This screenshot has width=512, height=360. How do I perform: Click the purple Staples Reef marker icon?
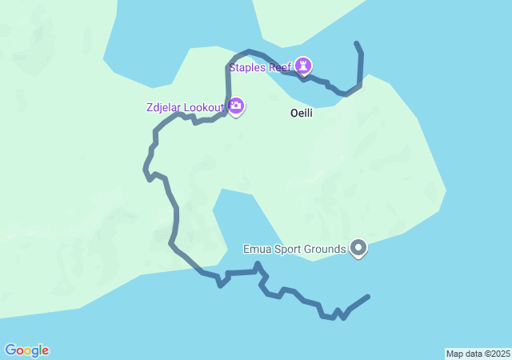tap(303, 65)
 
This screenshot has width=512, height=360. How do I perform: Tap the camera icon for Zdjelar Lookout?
tap(236, 106)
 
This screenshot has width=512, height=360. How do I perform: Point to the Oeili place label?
tap(301, 114)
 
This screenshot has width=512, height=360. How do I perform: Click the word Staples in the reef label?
tap(248, 67)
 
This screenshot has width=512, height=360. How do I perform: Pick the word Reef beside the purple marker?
tap(279, 67)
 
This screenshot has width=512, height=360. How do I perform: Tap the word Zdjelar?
tap(164, 107)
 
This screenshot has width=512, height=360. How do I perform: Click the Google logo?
tap(26, 350)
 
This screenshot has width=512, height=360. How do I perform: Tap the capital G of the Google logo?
tap(10, 350)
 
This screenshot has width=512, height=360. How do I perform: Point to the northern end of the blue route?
tap(356, 42)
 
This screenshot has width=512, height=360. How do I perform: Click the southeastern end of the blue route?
tap(368, 297)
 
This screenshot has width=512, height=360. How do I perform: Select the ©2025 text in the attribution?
tap(494, 354)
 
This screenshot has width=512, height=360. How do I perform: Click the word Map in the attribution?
tap(454, 354)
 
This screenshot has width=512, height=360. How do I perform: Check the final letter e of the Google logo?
tap(45, 351)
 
